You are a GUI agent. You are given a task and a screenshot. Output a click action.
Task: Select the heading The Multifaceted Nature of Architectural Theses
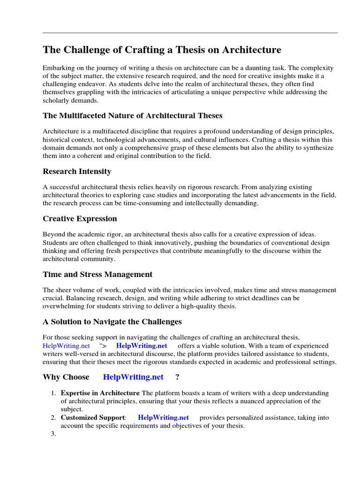click(133, 115)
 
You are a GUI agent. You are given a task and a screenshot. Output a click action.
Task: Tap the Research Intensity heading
click(77, 171)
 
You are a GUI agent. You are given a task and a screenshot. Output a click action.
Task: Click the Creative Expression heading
click(80, 218)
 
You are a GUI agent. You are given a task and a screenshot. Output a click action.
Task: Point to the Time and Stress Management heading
click(97, 274)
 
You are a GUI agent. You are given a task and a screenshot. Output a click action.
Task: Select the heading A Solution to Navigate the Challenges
click(112, 322)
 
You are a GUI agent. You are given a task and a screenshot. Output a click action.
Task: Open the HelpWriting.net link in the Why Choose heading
click(133, 377)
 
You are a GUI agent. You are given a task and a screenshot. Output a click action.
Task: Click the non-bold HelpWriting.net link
click(66, 345)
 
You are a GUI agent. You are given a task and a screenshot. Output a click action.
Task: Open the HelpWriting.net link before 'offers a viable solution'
click(142, 345)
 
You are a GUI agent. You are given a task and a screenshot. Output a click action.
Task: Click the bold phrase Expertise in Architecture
click(100, 393)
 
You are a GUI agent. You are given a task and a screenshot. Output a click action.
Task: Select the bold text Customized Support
click(93, 417)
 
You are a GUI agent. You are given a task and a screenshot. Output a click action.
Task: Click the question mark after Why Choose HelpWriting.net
click(177, 377)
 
